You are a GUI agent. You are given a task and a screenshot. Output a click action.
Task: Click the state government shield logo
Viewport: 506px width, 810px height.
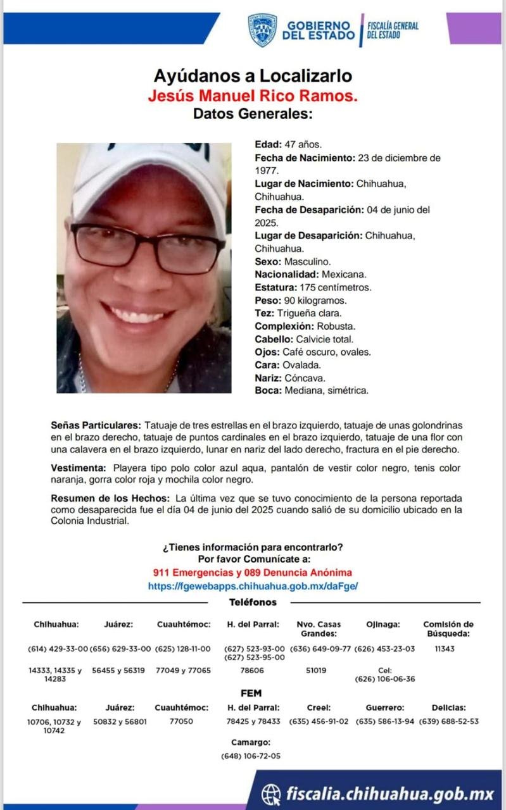click(262, 30)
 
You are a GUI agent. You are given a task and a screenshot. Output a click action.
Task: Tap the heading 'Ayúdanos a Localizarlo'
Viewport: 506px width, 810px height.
click(253, 76)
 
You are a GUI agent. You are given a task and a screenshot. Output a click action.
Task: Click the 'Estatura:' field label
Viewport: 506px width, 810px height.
click(275, 287)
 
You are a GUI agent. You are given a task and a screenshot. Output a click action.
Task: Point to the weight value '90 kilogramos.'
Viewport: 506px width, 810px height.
click(310, 300)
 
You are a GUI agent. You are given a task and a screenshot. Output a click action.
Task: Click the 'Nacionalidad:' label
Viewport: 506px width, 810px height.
click(286, 274)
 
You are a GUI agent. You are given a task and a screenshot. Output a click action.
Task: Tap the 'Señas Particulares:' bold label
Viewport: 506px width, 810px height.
click(96, 425)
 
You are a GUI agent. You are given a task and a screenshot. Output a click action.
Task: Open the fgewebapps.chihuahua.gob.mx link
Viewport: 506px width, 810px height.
click(253, 586)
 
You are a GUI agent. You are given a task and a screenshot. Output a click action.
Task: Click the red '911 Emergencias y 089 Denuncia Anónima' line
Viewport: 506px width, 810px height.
click(253, 572)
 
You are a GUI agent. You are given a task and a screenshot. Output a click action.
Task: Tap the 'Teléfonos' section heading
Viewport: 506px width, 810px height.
click(253, 602)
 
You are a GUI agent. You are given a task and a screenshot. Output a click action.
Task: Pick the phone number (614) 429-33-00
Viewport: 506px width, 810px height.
click(58, 649)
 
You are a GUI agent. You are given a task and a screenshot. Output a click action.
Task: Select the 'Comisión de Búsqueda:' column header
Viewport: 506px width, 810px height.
click(448, 628)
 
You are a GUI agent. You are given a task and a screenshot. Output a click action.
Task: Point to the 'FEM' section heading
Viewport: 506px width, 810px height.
click(251, 693)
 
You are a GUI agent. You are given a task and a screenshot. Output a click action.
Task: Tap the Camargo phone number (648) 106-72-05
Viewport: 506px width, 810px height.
click(251, 756)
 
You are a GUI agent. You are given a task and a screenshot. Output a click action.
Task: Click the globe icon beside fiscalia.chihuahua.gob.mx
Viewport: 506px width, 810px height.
click(272, 794)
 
